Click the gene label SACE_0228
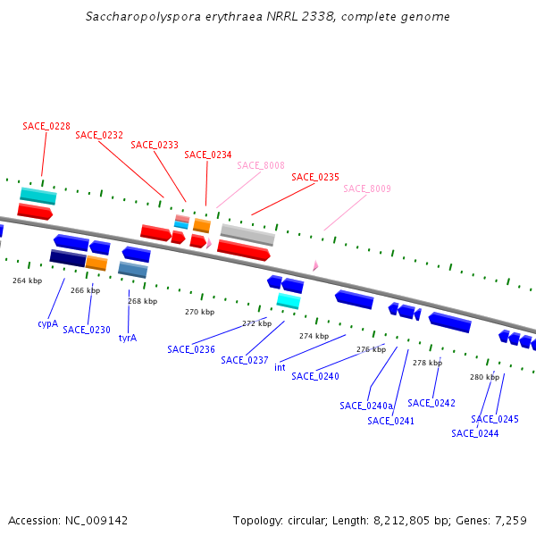(46, 126)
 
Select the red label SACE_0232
(99, 136)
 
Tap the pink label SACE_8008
(261, 165)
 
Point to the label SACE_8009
(367, 188)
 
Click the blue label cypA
(47, 323)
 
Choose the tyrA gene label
(128, 338)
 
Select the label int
(280, 367)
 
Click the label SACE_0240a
(366, 406)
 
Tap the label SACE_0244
(474, 433)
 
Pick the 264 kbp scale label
(27, 281)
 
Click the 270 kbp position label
(199, 312)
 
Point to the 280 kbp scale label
(484, 377)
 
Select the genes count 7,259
(509, 520)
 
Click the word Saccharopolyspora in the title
(143, 17)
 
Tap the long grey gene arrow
(247, 234)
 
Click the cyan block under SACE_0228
(38, 196)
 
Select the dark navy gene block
(68, 258)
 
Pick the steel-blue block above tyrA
(133, 269)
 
